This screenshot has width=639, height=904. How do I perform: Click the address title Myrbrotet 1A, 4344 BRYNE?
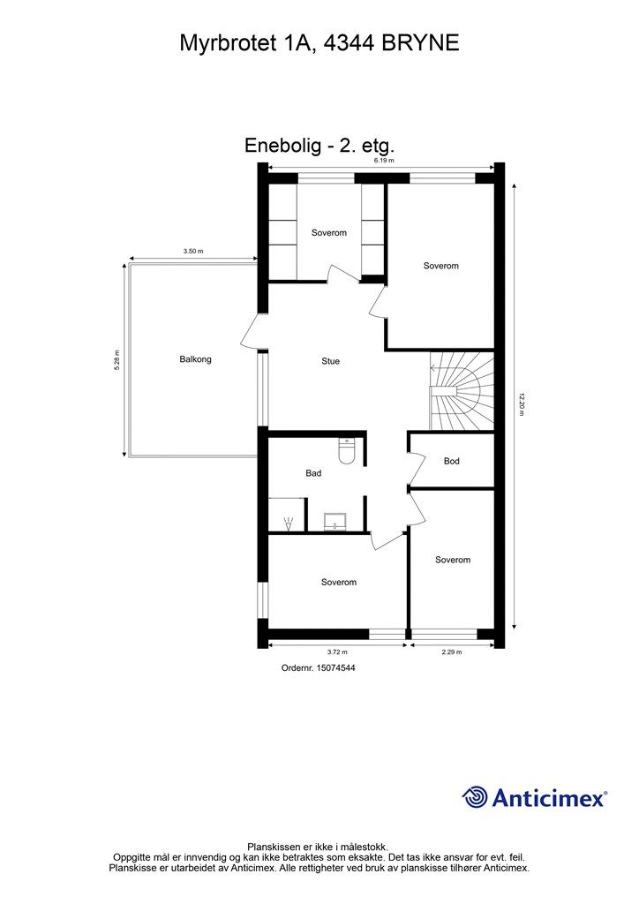click(319, 42)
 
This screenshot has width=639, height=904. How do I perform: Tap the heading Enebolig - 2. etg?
click(319, 146)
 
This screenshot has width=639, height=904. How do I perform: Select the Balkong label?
click(195, 359)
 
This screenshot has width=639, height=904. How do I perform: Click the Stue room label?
click(330, 361)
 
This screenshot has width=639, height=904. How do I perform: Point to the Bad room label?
click(313, 473)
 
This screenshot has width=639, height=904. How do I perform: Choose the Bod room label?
click(452, 461)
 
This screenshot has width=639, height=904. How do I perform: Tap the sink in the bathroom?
click(335, 522)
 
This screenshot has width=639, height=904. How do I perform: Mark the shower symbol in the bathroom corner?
click(288, 523)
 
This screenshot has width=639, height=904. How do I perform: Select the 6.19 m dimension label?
click(383, 162)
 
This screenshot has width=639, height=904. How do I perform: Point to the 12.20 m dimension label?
click(522, 403)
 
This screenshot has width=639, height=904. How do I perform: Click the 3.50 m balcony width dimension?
click(193, 252)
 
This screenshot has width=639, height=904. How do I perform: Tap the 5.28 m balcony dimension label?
click(117, 361)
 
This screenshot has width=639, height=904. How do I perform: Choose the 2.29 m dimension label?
click(453, 653)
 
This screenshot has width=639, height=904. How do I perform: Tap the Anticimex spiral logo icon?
click(475, 797)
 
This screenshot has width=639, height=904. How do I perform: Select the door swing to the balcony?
click(250, 332)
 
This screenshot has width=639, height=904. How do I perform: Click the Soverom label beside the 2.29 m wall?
click(453, 560)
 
